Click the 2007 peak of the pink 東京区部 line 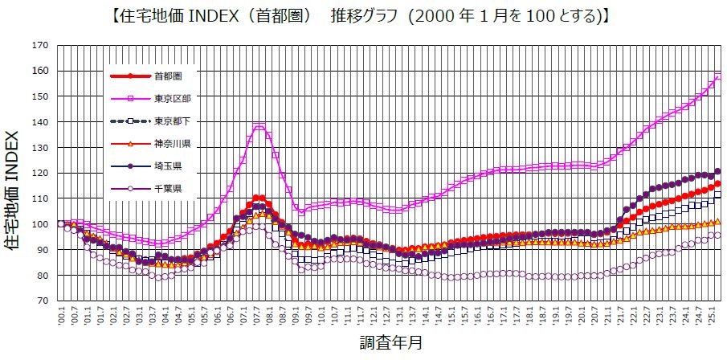click(x=259, y=126)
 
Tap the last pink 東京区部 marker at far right click(x=717, y=77)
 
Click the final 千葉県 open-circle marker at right click(x=717, y=235)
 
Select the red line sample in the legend click(x=130, y=76)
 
